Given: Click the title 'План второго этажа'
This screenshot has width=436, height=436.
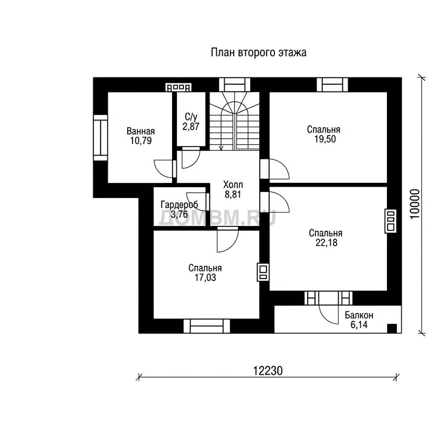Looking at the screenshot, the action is click(x=259, y=53).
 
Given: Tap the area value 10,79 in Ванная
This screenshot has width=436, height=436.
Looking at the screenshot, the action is click(x=141, y=140).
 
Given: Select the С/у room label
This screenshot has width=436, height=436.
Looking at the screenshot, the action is click(x=191, y=117).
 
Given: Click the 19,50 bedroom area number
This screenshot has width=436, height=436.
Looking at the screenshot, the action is click(x=325, y=139).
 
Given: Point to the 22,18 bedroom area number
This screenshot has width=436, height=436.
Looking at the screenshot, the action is click(x=326, y=243).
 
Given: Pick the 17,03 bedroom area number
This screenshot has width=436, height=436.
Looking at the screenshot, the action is click(x=205, y=277).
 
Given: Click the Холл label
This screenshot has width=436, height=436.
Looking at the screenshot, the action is click(x=233, y=185).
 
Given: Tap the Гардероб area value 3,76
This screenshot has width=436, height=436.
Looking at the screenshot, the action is click(x=179, y=214).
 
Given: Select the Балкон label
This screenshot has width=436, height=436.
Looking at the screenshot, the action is click(x=359, y=315).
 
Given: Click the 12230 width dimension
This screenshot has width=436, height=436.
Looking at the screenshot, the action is click(x=268, y=371).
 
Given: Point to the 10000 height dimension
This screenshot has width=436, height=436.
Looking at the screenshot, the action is click(x=415, y=204).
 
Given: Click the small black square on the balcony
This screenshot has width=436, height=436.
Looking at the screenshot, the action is click(x=392, y=328).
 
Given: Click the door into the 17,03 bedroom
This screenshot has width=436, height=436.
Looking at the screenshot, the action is click(x=228, y=240).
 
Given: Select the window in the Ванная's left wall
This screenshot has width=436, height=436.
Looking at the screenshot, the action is click(x=101, y=137).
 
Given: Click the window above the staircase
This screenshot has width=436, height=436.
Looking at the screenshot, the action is click(x=234, y=85).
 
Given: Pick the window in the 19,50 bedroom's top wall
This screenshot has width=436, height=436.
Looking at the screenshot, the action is click(x=332, y=85).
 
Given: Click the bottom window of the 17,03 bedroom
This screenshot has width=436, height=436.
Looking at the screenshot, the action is click(x=206, y=326).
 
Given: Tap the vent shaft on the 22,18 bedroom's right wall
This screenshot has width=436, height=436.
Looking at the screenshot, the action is click(x=390, y=221).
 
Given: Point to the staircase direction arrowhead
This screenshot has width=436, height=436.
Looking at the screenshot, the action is click(x=222, y=148).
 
